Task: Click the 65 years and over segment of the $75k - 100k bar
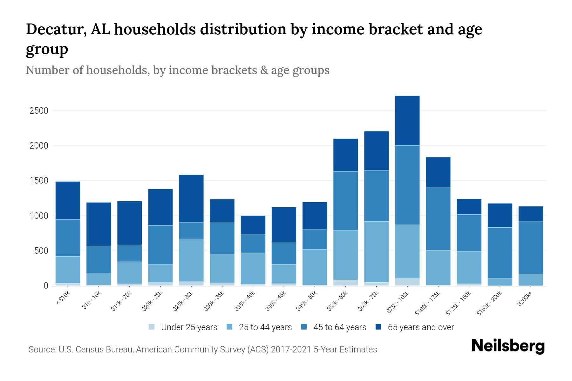(x=407, y=121)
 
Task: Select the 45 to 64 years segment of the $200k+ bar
(x=530, y=248)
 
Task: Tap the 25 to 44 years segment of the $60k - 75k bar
(x=376, y=252)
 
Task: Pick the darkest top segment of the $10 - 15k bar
(x=99, y=224)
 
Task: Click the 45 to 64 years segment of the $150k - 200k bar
(x=500, y=253)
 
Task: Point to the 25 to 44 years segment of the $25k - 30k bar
(x=191, y=260)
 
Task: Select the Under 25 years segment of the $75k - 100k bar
(x=407, y=282)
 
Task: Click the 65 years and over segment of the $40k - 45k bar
(x=284, y=224)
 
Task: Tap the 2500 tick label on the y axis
(x=39, y=111)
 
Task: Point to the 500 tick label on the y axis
(x=41, y=251)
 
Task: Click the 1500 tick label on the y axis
(x=39, y=181)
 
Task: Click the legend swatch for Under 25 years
(x=152, y=327)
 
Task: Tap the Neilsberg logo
(x=508, y=346)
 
